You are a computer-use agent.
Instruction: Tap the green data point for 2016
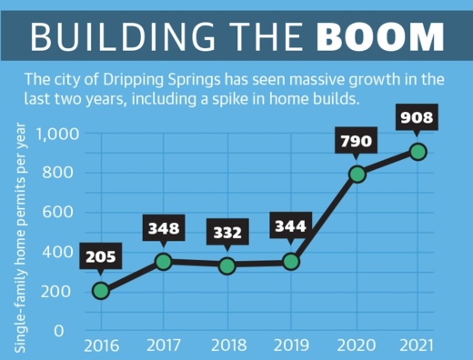101,291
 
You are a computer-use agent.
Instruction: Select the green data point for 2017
165,262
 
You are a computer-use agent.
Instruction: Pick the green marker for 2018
227,265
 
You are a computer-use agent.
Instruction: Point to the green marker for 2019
292,262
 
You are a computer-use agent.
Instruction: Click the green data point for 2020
357,174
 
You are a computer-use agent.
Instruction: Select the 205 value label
101,256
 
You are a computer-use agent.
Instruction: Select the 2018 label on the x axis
227,345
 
